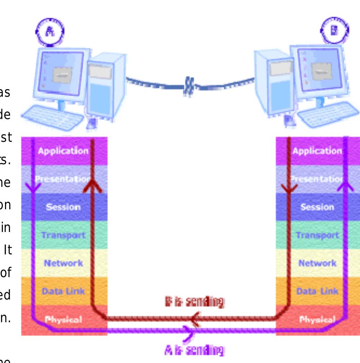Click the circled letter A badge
click(50, 31)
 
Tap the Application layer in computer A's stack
click(63, 151)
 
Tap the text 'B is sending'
click(194, 301)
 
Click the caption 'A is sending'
click(194, 350)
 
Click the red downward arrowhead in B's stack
click(289, 187)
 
